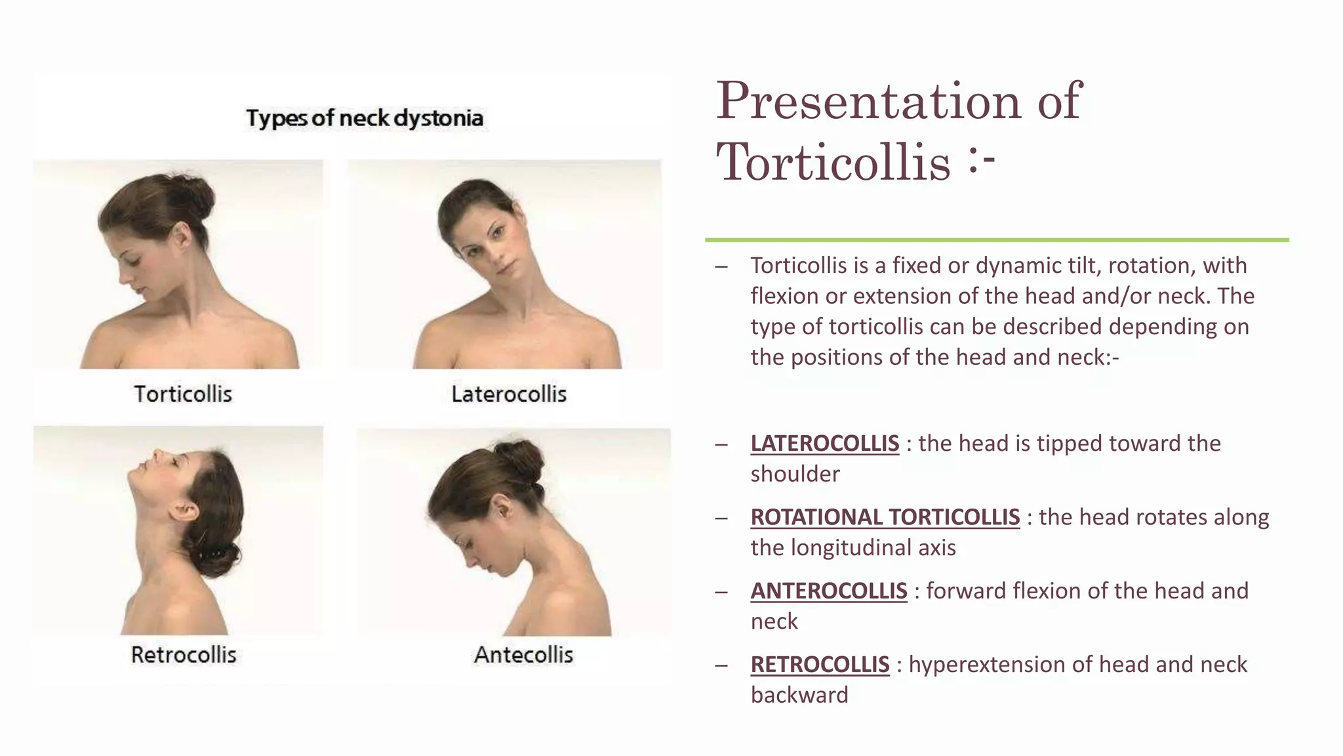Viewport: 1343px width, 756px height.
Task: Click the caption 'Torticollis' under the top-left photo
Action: [x=183, y=394]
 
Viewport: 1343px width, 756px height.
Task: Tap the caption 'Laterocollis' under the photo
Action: [x=509, y=394]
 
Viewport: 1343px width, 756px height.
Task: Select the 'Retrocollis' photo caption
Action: [x=184, y=654]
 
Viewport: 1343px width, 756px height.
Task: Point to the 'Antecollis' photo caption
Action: [x=523, y=654]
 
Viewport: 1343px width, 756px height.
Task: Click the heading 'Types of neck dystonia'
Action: [x=365, y=118]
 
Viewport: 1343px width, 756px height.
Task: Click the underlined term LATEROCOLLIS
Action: [x=824, y=444]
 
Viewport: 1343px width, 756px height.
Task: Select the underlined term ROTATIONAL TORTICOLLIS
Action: [x=885, y=517]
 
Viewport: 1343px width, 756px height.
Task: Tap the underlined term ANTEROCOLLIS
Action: [x=829, y=591]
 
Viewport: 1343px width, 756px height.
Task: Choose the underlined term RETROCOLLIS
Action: [x=820, y=665]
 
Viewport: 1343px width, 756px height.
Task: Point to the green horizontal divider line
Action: [x=997, y=240]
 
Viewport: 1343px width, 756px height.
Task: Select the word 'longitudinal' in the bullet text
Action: [x=853, y=548]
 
